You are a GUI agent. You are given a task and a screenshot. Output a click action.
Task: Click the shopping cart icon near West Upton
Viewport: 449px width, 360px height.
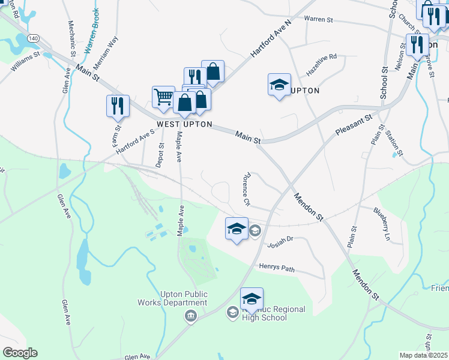(x=163, y=96)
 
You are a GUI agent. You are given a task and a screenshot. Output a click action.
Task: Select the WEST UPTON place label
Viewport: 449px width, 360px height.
(x=184, y=124)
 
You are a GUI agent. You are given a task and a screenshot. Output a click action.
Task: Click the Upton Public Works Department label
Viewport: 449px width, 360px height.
(x=184, y=298)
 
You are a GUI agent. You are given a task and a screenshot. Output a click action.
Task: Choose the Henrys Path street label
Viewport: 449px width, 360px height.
(x=277, y=268)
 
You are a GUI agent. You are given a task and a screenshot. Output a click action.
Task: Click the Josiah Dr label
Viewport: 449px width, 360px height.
(x=280, y=241)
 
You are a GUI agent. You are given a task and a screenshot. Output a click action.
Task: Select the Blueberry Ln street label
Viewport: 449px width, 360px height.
(x=382, y=224)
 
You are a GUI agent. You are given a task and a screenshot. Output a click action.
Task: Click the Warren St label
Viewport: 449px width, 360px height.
(x=318, y=19)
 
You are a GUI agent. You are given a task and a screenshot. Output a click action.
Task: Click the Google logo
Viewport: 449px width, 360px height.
(x=20, y=352)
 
